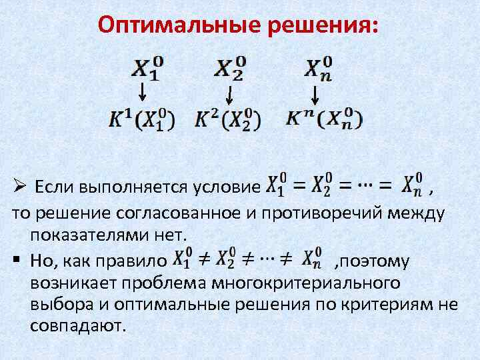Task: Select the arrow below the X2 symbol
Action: pos(229,94)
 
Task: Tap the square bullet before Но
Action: pos(15,260)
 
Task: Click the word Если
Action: pos(54,185)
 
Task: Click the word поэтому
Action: pos(379,261)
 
